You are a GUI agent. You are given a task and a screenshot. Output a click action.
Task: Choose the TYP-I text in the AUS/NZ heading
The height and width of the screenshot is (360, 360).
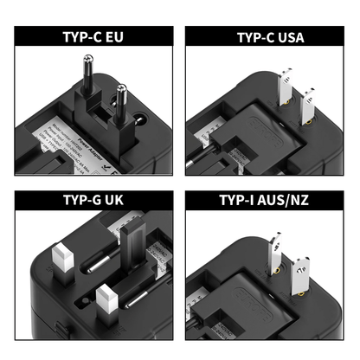(x=244, y=199)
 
